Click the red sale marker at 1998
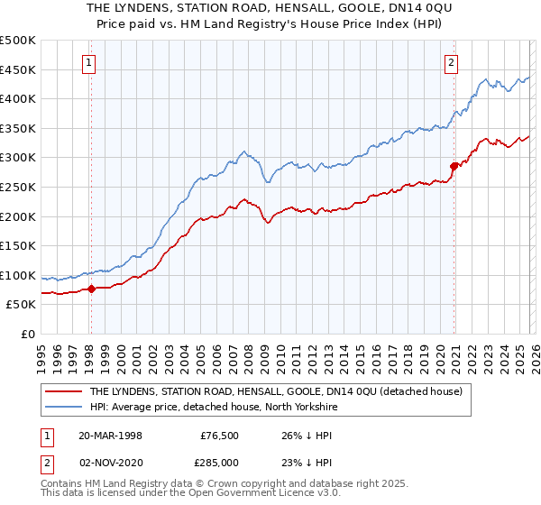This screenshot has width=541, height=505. (91, 289)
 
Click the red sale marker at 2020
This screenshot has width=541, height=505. (454, 166)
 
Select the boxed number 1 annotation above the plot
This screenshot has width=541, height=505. (90, 62)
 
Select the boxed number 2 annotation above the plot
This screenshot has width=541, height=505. (450, 62)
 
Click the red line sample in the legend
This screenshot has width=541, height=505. (63, 391)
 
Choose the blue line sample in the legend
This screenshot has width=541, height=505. (63, 407)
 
